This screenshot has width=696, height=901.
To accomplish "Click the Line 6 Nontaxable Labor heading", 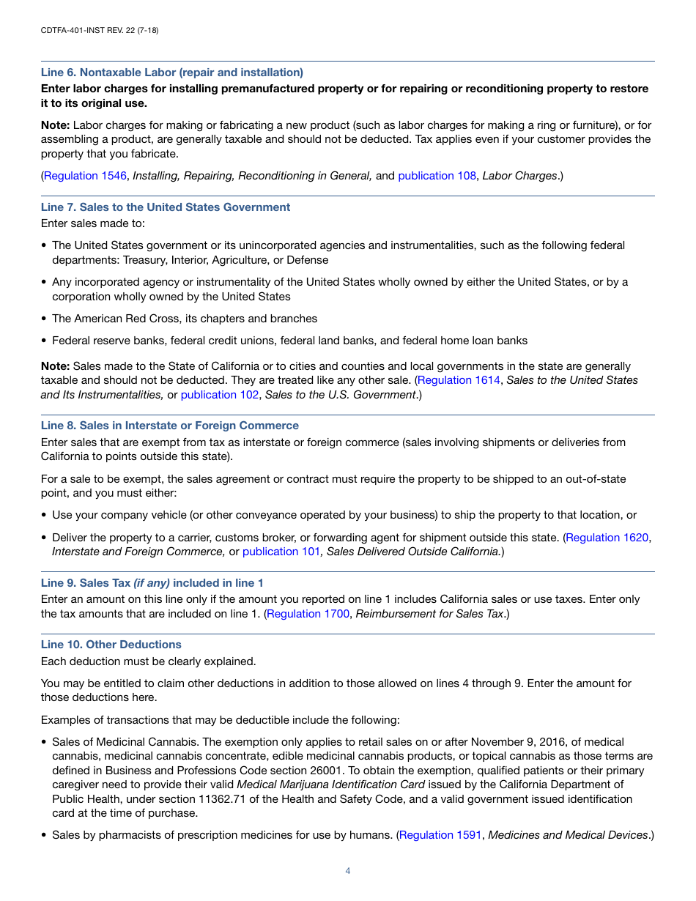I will tap(171, 73).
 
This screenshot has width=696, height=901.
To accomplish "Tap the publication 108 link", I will tap(437, 176).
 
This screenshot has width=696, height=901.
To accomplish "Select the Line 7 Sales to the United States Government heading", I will tap(165, 207).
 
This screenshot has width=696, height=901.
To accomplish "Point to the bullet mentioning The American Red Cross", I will tap(184, 319).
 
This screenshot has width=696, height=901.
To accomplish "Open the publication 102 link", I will tap(219, 395).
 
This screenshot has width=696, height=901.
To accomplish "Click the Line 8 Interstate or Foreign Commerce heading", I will tap(169, 426).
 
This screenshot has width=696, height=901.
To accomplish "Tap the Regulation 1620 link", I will tap(607, 538).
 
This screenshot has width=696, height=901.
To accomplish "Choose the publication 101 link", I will tap(281, 552).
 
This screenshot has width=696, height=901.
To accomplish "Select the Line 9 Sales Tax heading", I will tap(152, 583).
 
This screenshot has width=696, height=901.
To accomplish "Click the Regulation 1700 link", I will tap(308, 614).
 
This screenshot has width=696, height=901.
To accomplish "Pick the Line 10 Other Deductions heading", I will tap(111, 645).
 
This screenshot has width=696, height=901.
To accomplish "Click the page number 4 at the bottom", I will tap(348, 871).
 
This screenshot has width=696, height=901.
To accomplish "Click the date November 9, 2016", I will tap(517, 742).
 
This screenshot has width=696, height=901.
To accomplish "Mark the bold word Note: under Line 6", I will tap(55, 125).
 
